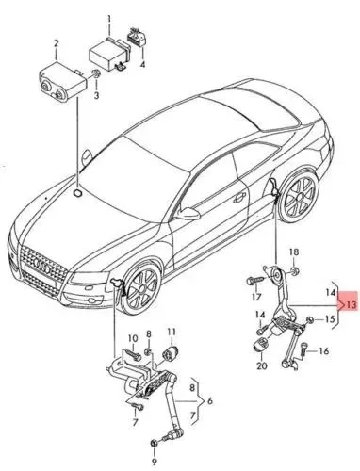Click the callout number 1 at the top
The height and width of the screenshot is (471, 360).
108,18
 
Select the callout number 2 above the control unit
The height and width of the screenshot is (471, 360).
56,43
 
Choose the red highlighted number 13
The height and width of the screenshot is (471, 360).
349,305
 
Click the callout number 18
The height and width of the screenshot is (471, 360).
293,252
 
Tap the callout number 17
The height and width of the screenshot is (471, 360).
254,297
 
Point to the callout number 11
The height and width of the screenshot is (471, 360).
172,332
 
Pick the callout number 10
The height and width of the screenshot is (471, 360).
134,337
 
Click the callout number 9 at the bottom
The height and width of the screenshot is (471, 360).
154,462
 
